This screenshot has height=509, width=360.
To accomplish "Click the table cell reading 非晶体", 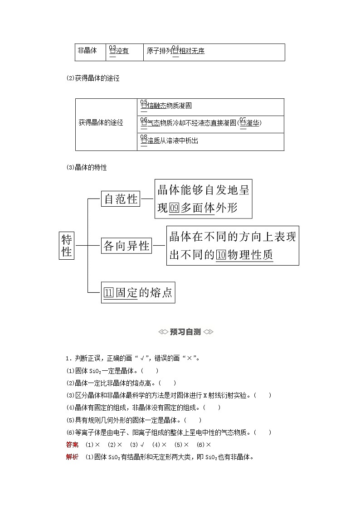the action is (x=88, y=51).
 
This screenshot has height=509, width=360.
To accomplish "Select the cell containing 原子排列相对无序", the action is (x=175, y=51).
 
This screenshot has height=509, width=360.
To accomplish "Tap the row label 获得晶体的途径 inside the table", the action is (x=101, y=123).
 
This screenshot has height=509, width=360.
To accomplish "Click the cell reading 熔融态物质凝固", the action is (x=166, y=106).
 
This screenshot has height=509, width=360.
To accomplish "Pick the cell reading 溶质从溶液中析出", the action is (x=170, y=141).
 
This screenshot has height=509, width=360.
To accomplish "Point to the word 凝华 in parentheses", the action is (x=253, y=123).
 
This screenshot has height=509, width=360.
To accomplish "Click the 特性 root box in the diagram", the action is (x=67, y=245).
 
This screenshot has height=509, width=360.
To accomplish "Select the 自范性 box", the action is (x=121, y=199).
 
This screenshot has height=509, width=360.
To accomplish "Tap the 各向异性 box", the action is (x=126, y=246).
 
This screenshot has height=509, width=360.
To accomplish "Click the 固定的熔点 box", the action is (x=138, y=292).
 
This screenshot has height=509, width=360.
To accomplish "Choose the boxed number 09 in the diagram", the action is (x=175, y=208).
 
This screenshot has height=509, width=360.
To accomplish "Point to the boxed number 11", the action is (x=108, y=293).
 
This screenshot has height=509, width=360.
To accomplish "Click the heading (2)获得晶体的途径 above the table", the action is (x=92, y=78).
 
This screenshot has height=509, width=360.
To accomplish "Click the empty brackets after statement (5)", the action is (x=193, y=420).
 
